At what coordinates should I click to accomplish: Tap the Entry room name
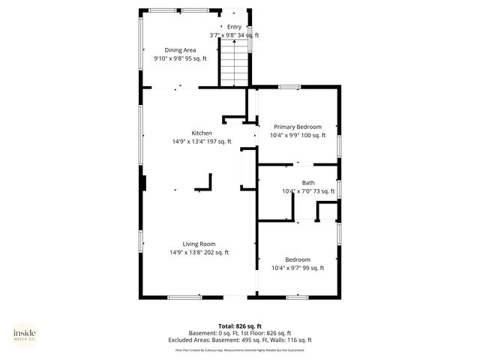click(x=235, y=27)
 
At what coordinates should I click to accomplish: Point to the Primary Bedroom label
click(x=298, y=127)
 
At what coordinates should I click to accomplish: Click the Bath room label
click(x=308, y=183)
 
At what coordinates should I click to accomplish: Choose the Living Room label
click(x=199, y=244)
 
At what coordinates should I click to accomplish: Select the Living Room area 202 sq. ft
click(x=218, y=252)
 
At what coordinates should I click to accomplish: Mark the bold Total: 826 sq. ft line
click(x=240, y=326)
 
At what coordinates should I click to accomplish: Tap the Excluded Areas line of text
click(x=240, y=340)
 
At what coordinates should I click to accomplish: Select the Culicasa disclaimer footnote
click(x=240, y=349)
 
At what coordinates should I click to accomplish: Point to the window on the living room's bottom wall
click(x=184, y=297)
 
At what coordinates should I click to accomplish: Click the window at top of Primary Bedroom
click(x=289, y=88)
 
